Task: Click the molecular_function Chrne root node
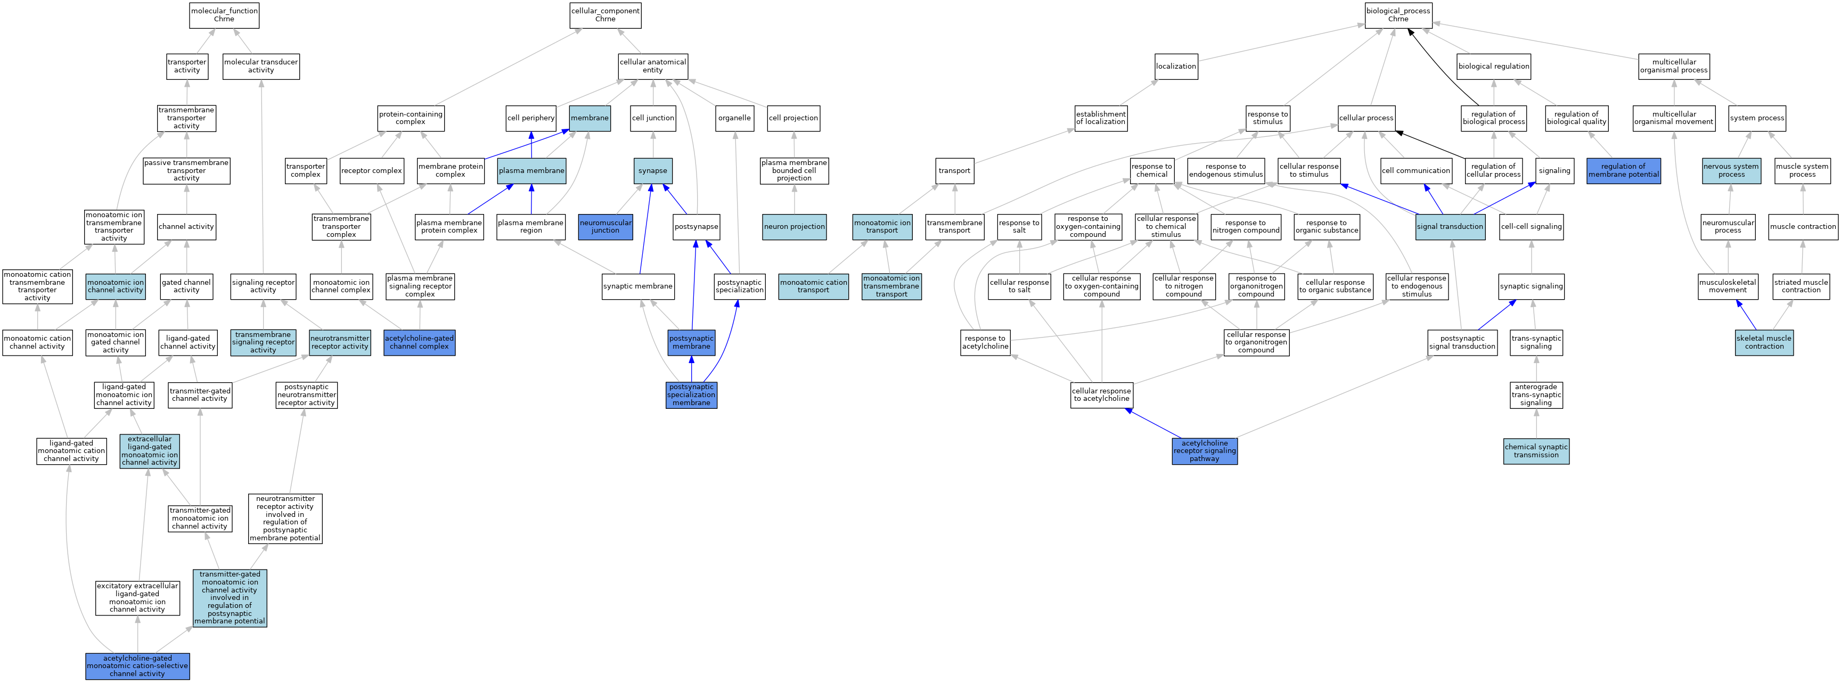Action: click(x=224, y=15)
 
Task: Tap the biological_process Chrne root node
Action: click(x=1398, y=15)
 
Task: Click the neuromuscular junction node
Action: click(x=606, y=226)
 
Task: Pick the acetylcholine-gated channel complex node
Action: click(x=420, y=342)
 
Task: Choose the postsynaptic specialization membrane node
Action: click(x=691, y=395)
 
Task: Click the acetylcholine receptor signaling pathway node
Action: click(x=1204, y=451)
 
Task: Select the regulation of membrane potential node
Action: click(x=1623, y=171)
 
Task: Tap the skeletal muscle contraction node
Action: click(x=1764, y=342)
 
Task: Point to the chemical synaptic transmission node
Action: click(x=1536, y=451)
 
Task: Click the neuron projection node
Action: click(x=794, y=226)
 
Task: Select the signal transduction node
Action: click(x=1450, y=226)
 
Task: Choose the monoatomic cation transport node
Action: click(x=813, y=286)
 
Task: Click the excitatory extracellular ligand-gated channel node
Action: click(x=137, y=597)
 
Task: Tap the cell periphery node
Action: click(x=531, y=118)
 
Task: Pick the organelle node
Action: click(x=734, y=118)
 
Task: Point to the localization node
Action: click(x=1176, y=67)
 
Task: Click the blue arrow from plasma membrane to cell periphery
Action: click(x=531, y=145)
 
